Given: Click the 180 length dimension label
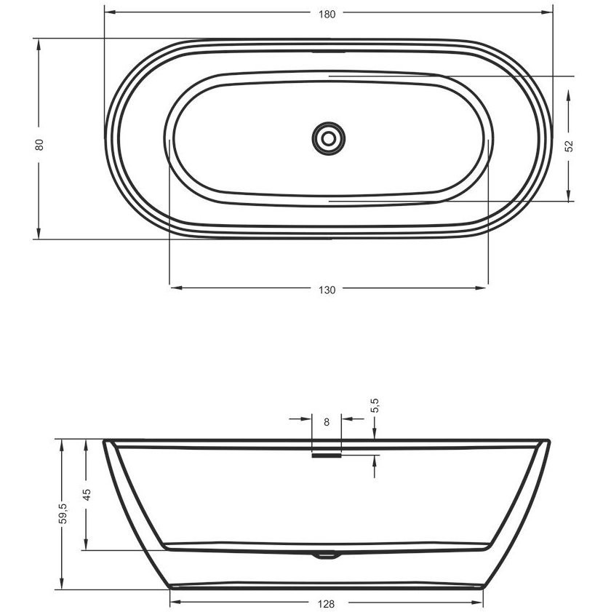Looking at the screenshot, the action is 327,14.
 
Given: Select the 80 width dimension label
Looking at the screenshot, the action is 39,145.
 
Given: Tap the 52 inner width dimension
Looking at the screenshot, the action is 570,146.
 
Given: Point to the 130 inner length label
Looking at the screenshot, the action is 327,290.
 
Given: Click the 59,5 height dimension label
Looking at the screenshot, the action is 63,513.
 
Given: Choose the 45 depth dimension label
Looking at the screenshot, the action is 87,495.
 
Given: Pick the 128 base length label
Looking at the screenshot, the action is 326,604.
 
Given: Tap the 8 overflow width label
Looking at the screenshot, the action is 327,422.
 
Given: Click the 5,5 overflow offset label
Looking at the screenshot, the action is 375,405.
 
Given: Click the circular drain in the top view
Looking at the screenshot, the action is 329,138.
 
